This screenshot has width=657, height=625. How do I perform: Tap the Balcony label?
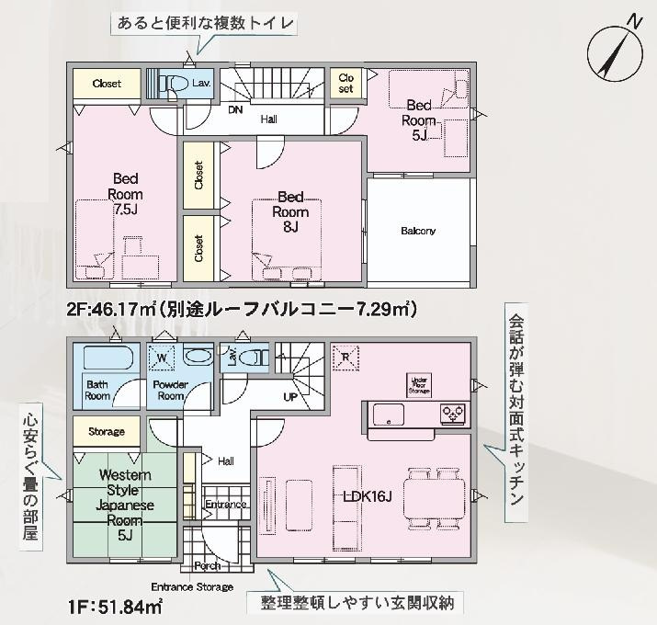[x=418, y=231]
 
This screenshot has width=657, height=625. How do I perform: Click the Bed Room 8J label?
[x=290, y=211]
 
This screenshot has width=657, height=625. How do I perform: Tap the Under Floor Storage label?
[x=419, y=385]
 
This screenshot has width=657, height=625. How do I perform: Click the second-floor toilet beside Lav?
[x=170, y=84]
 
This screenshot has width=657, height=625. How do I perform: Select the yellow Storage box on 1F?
[x=107, y=431]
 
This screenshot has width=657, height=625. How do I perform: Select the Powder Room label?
[x=170, y=390]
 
